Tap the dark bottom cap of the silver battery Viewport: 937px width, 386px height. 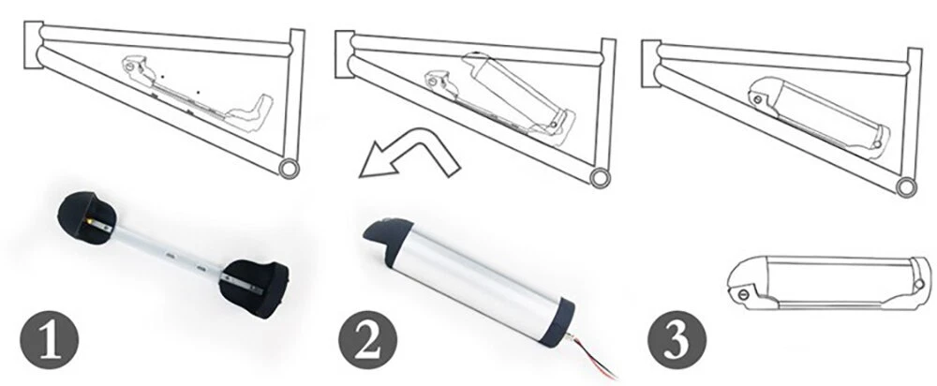pyautogui.click(x=560, y=324)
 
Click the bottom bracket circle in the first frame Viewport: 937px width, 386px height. pyautogui.click(x=290, y=168)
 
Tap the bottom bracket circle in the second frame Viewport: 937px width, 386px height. pyautogui.click(x=600, y=178)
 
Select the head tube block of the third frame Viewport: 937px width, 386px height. pyautogui.click(x=651, y=64)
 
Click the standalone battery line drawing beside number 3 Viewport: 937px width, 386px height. pyautogui.click(x=829, y=283)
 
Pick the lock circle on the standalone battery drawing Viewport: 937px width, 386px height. pyautogui.click(x=743, y=294)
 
